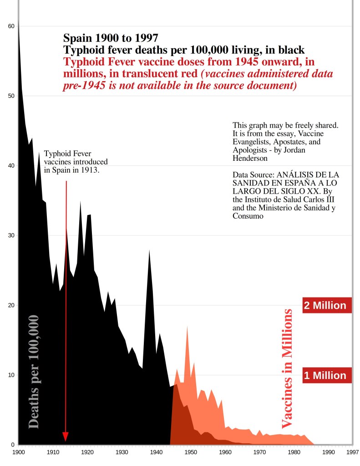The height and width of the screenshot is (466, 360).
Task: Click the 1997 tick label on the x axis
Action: [352, 452]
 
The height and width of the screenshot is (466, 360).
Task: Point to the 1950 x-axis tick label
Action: [191, 452]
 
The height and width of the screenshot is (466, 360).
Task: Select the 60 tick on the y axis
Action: [11, 26]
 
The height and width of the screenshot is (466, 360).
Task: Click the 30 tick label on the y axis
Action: [11, 236]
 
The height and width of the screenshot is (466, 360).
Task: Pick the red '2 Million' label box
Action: [325, 306]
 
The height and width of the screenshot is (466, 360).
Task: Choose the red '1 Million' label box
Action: [325, 375]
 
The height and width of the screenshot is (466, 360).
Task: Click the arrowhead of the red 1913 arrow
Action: [66, 437]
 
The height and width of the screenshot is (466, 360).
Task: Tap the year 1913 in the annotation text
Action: [90, 170]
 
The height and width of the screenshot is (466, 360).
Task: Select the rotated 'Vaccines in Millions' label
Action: [287, 369]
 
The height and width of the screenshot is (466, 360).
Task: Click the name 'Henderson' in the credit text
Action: [249, 158]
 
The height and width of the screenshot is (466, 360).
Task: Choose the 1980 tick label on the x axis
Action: [294, 452]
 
